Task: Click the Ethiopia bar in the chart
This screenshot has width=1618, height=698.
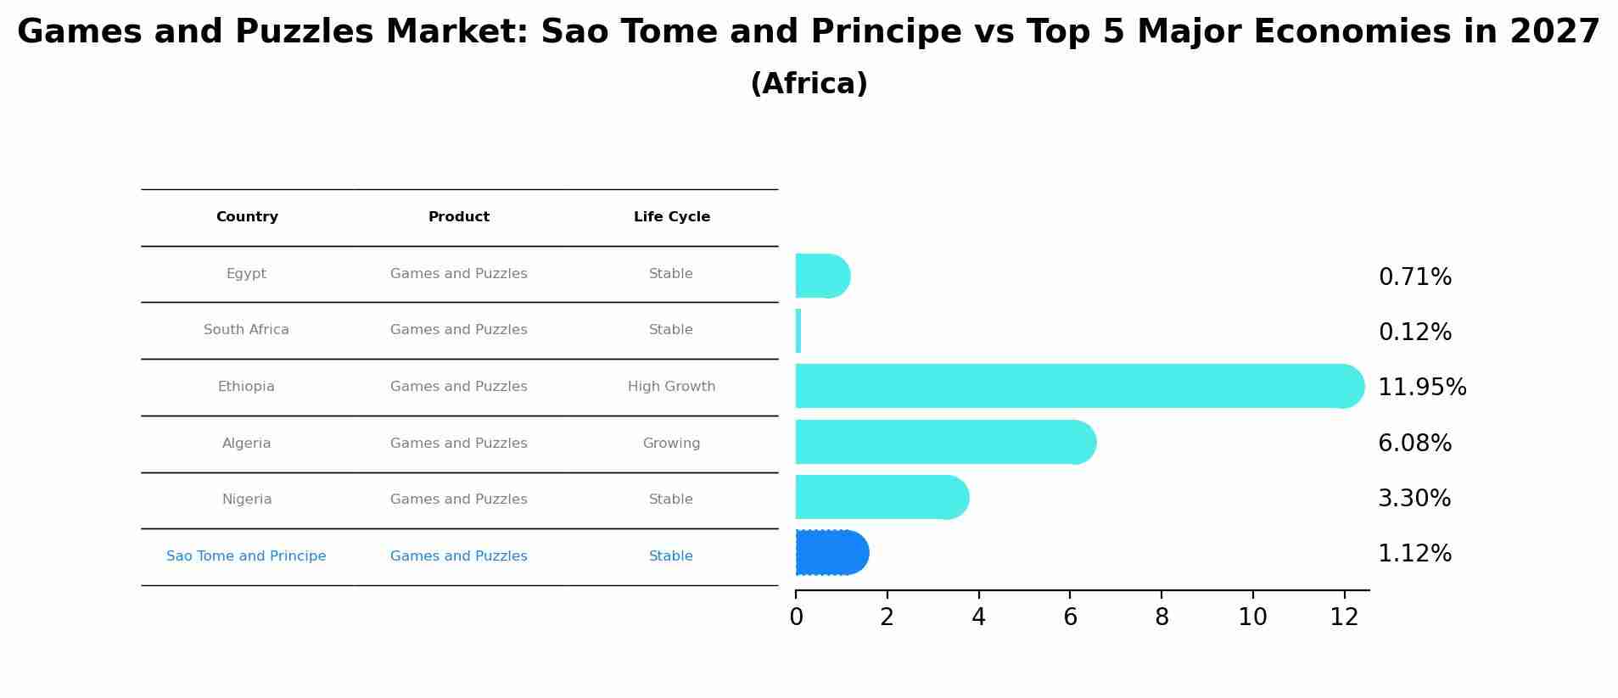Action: pyautogui.click(x=1078, y=386)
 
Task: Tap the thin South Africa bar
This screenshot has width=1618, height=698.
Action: pyautogui.click(x=798, y=331)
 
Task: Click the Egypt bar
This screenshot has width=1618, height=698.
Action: pyautogui.click(x=821, y=276)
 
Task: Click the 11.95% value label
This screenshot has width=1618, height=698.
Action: pyautogui.click(x=1422, y=388)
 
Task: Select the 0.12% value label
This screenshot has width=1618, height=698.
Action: pyautogui.click(x=1414, y=332)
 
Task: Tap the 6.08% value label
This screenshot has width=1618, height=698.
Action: pyautogui.click(x=1414, y=443)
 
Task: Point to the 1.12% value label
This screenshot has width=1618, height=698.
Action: pyautogui.click(x=1414, y=554)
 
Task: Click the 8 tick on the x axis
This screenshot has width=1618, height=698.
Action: pyautogui.click(x=1162, y=617)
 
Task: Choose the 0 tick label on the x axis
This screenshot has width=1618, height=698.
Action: pyautogui.click(x=796, y=617)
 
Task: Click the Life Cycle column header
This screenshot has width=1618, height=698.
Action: pyautogui.click(x=671, y=217)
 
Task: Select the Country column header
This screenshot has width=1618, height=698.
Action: pyautogui.click(x=247, y=217)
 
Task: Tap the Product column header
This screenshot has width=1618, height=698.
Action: pyautogui.click(x=458, y=217)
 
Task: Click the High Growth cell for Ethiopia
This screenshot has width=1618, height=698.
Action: pyautogui.click(x=671, y=387)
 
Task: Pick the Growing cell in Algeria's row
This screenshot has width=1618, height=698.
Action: pyautogui.click(x=671, y=444)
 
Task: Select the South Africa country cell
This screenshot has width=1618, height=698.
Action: pyautogui.click(x=246, y=330)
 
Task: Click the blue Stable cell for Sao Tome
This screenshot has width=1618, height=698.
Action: pyautogui.click(x=670, y=556)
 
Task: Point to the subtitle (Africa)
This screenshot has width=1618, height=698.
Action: pyautogui.click(x=809, y=84)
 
